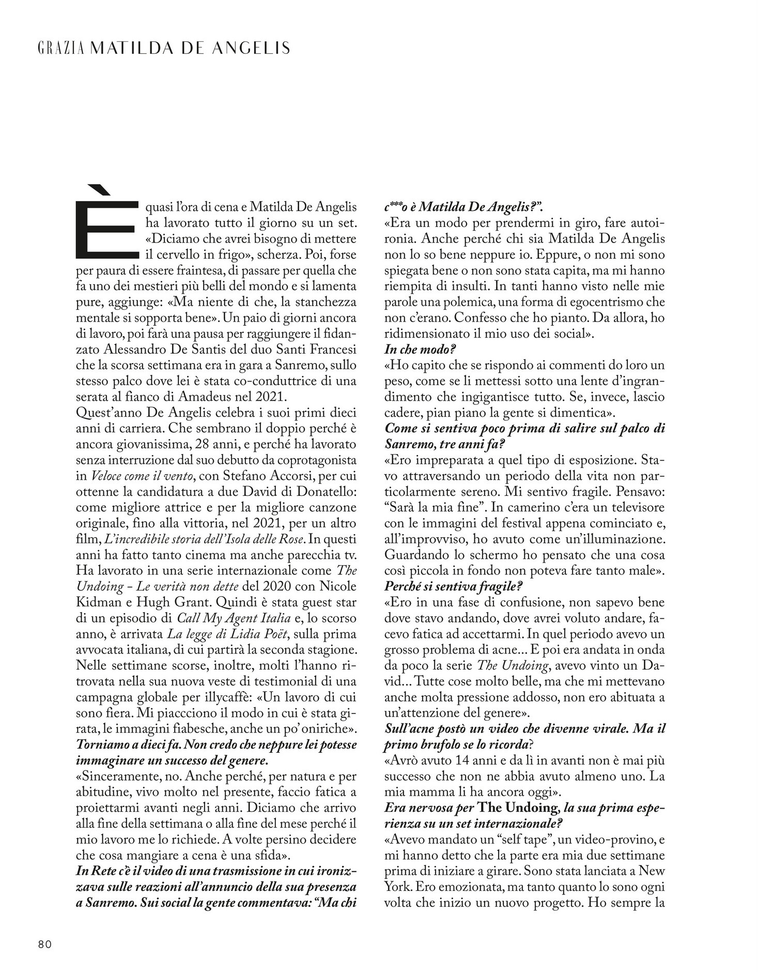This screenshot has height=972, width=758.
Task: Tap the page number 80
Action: point(45,944)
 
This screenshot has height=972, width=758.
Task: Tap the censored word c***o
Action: point(399,208)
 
